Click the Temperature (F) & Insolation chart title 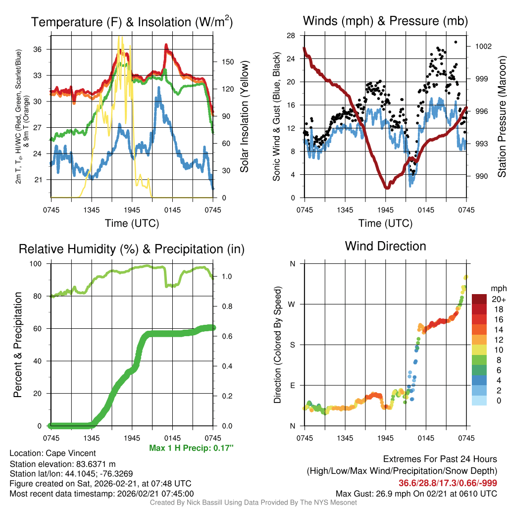(x=132, y=22)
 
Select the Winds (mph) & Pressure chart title (x=385, y=21)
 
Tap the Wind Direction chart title (x=385, y=246)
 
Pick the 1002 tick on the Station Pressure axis (x=483, y=47)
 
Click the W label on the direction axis (x=293, y=304)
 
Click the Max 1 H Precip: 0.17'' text (x=191, y=448)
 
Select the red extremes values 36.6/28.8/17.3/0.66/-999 (x=448, y=483)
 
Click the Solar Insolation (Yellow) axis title (x=244, y=116)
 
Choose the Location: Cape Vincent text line (x=52, y=453)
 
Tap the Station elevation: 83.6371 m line (x=62, y=463)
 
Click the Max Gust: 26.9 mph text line (x=416, y=493)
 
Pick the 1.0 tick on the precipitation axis (x=224, y=276)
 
